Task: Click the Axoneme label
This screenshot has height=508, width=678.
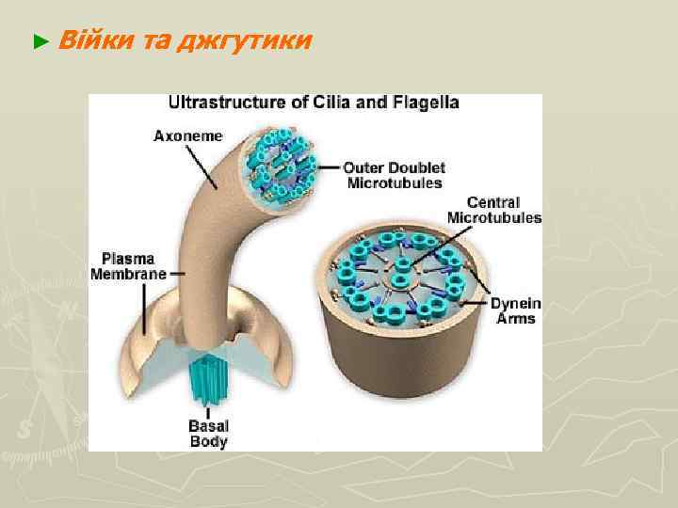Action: click(188, 135)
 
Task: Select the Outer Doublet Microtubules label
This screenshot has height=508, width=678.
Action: click(393, 175)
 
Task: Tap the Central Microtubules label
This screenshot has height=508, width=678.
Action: click(494, 210)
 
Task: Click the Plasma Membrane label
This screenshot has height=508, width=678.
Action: click(127, 265)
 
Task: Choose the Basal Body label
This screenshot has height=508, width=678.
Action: click(208, 434)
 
